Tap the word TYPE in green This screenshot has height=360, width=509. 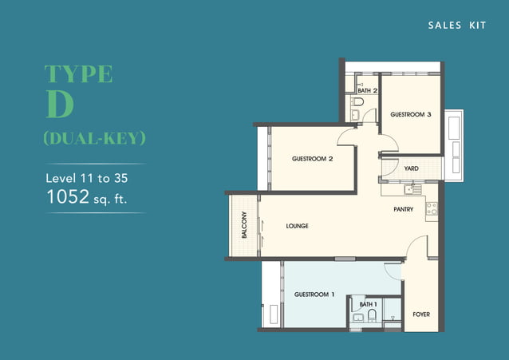pyautogui.click(x=78, y=74)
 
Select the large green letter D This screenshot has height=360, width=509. pyautogui.click(x=61, y=106)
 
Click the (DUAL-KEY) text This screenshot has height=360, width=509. pyautogui.click(x=94, y=138)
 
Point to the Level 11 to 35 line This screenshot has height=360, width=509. pyautogui.click(x=85, y=177)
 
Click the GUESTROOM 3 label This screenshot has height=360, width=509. pyautogui.click(x=411, y=115)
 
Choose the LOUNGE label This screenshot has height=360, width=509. pyautogui.click(x=297, y=226)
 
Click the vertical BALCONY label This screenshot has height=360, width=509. pyautogui.click(x=245, y=226)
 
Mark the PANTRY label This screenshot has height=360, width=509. pyautogui.click(x=403, y=209)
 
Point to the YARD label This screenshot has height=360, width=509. pyautogui.click(x=412, y=168)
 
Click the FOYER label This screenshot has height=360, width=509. pyautogui.click(x=421, y=314)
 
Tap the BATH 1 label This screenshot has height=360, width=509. pyautogui.click(x=368, y=304)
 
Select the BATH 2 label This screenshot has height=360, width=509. pyautogui.click(x=367, y=91)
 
